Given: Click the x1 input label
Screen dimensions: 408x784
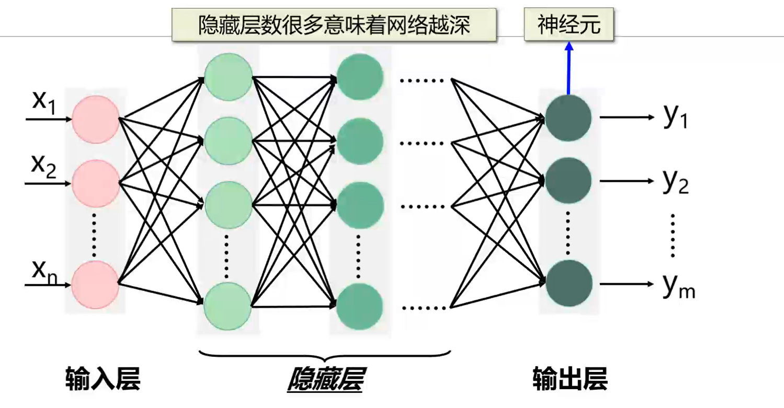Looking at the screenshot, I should pos(44,102).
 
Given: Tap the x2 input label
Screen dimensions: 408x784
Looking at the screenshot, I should pos(44,167).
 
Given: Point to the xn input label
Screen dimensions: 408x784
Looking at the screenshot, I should pos(44,271).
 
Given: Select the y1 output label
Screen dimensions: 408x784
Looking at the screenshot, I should pos(675,118).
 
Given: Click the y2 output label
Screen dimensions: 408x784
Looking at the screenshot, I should pos(675,182).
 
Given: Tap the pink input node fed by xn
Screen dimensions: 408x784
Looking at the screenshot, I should pos(95,285).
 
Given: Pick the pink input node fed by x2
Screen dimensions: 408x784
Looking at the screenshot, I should pos(95,183).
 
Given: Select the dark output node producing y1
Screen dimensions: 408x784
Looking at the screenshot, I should pos(569,118).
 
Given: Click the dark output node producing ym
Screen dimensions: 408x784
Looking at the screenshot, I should pos(569,284).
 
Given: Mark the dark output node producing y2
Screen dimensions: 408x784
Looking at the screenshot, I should pos(569,181).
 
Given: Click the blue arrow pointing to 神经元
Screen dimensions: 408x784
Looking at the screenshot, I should pos(569,68).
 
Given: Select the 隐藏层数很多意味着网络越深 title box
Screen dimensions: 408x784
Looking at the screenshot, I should pos(334,25).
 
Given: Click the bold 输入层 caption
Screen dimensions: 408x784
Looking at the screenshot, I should pos(103,379).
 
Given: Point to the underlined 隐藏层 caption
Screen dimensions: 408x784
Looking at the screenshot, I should pos(325,379).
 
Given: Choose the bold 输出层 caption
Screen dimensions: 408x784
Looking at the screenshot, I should pos(570,379).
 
